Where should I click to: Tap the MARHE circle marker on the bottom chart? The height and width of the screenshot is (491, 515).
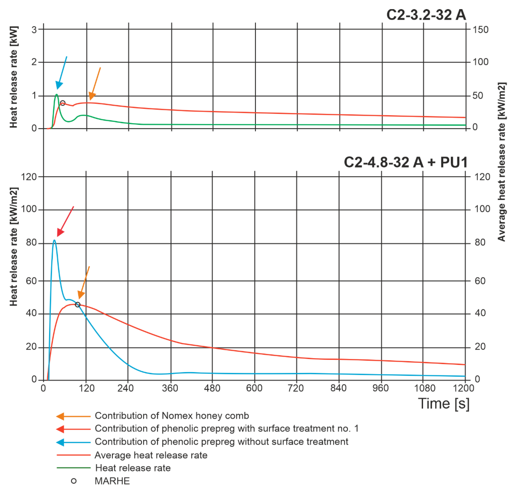tap(77, 305)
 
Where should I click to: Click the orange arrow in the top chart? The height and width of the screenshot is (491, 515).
tap(95, 84)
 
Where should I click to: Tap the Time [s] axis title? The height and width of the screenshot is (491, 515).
tap(443, 403)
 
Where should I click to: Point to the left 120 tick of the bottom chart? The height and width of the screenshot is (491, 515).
tap(29, 177)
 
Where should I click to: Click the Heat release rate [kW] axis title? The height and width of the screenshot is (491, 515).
tap(14, 77)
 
